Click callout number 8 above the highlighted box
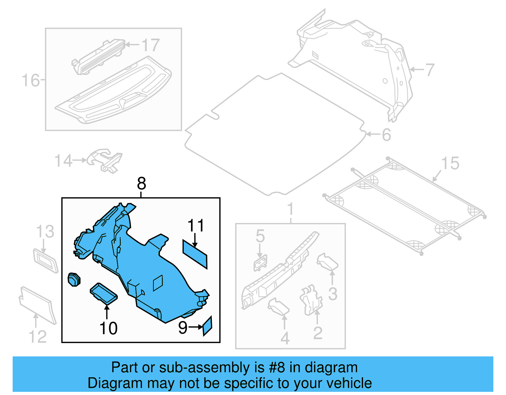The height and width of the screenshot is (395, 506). [141, 183]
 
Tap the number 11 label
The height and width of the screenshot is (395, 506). [196, 226]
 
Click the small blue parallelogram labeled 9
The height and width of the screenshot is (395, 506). [207, 326]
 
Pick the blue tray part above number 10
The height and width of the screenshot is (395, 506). [104, 293]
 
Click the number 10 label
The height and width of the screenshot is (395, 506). [108, 328]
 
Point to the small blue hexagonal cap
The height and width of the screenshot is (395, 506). [74, 279]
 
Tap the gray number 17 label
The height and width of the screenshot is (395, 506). [150, 45]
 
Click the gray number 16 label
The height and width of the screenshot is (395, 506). [31, 80]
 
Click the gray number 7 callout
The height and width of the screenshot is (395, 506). [429, 70]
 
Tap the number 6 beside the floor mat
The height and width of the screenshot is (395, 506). [386, 135]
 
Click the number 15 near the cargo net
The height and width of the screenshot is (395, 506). [450, 164]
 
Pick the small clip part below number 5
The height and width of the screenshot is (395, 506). [260, 262]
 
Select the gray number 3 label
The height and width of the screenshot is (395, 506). [333, 294]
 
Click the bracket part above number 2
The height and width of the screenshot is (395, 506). [311, 299]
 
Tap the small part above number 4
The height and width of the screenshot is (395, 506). [278, 306]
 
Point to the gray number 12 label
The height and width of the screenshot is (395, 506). [37, 336]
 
